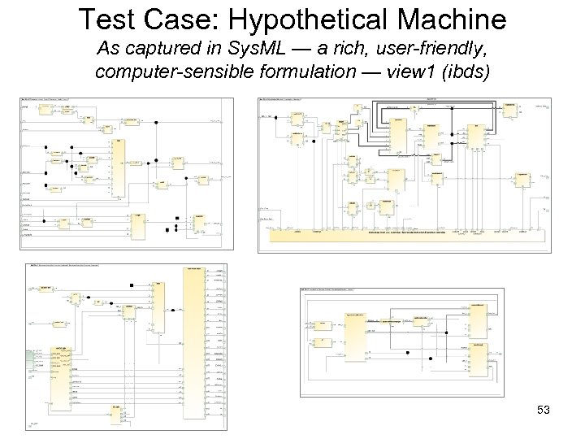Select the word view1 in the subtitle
coord(404,72)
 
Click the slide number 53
coord(543,411)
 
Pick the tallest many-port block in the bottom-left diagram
coord(195,341)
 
